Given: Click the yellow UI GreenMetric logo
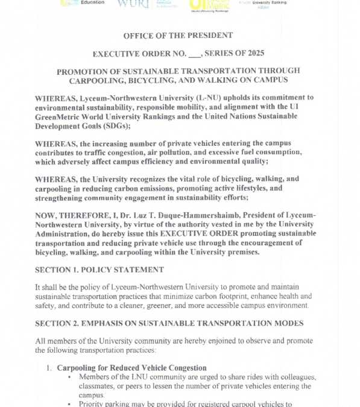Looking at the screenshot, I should click(204, 5).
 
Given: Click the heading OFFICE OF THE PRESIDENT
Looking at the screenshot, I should click(178, 36).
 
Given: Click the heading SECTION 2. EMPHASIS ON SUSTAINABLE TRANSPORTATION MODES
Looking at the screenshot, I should click(169, 323).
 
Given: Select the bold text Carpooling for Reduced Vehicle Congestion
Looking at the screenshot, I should click(131, 368).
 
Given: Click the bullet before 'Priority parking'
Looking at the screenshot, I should click(71, 403).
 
